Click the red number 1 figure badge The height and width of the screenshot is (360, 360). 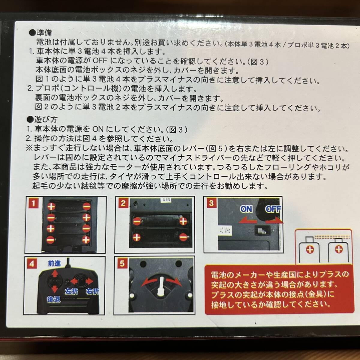tap(34, 203)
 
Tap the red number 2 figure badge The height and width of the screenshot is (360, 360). tap(123, 203)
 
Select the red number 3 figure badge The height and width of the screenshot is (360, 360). tap(211, 203)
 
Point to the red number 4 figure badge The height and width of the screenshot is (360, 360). tap(32, 264)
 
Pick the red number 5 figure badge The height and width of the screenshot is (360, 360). tap(122, 264)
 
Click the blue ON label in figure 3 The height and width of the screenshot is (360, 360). tap(246, 209)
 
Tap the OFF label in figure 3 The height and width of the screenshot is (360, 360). tap(273, 209)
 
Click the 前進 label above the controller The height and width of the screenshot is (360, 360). tap(54, 263)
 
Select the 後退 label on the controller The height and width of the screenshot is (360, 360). tap(54, 299)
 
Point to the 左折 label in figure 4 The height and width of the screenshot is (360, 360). tap(72, 291)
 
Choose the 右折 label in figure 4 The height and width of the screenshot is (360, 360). tap(92, 291)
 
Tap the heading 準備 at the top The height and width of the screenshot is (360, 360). tap(44, 33)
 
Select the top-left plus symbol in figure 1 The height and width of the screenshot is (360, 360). tap(51, 206)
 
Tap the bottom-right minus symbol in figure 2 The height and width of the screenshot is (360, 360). tap(183, 237)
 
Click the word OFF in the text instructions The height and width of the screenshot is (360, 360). tap(100, 61)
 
